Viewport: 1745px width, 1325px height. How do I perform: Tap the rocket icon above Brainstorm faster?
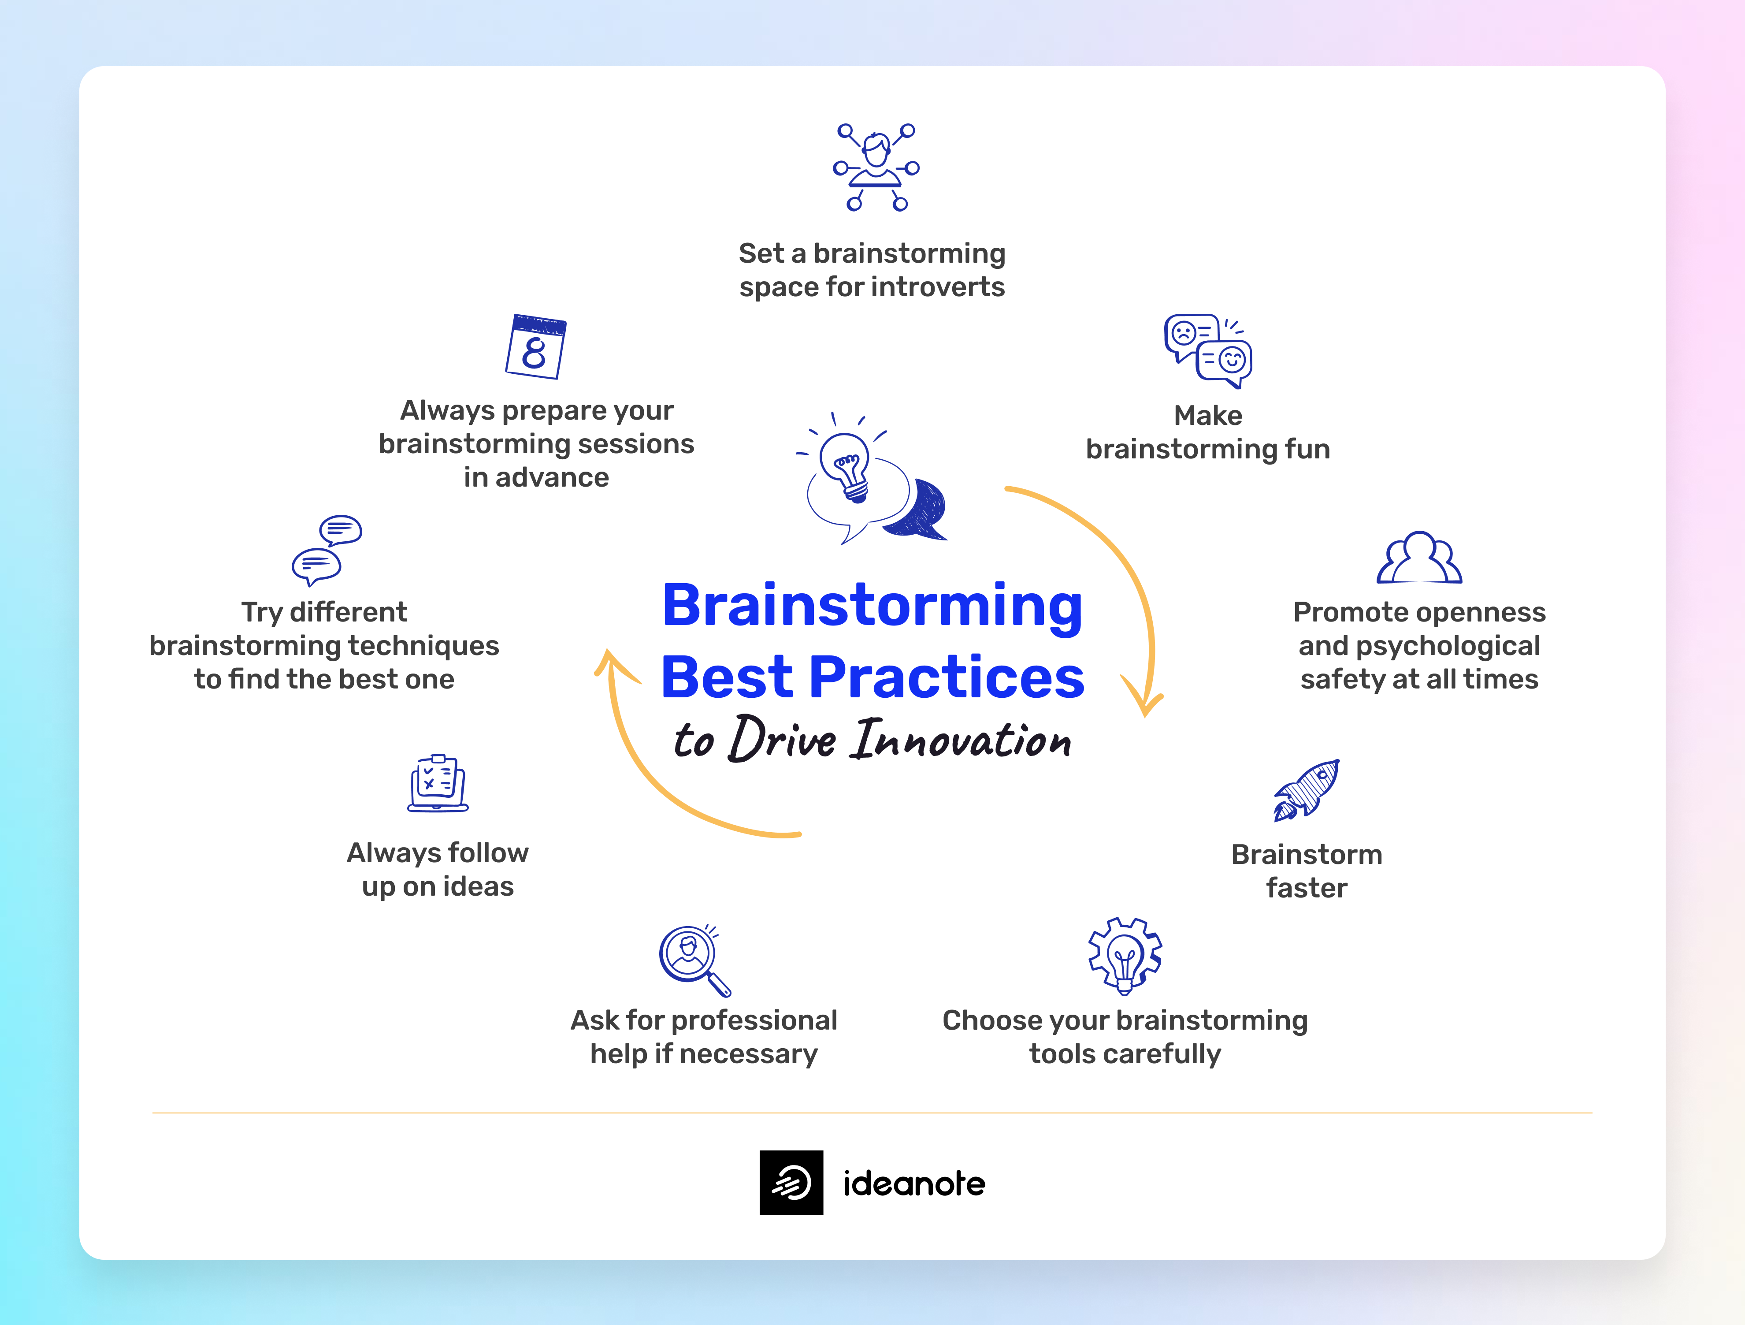(x=1307, y=790)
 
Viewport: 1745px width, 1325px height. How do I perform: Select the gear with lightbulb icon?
(x=1125, y=956)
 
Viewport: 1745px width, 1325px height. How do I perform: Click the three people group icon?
(x=1419, y=558)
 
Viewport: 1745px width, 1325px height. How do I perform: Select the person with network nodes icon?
(x=876, y=167)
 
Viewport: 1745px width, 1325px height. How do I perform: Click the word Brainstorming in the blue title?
(x=872, y=606)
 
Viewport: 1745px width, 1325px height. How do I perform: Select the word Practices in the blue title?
(x=947, y=677)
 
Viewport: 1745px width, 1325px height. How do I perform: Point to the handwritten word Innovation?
(x=961, y=740)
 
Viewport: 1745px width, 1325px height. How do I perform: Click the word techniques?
(x=423, y=646)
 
